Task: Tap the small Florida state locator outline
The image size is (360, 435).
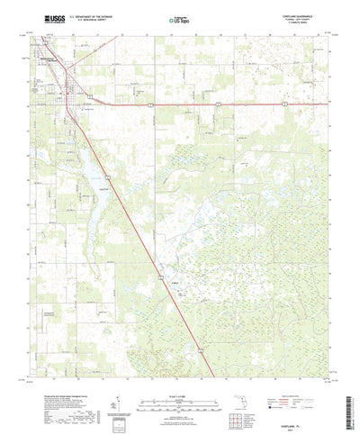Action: (x=255, y=387)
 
